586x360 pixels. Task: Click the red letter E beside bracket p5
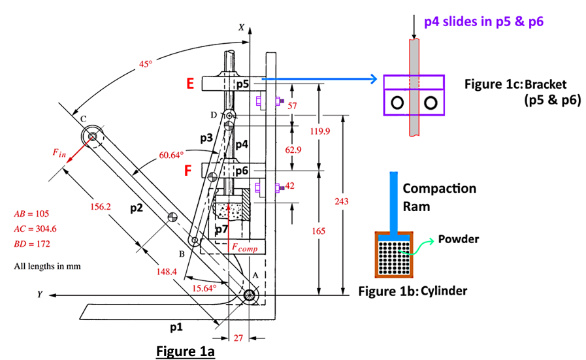click(x=190, y=84)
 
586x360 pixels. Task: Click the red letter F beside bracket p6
click(x=188, y=171)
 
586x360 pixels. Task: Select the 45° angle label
click(x=145, y=64)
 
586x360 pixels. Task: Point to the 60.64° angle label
click(x=172, y=155)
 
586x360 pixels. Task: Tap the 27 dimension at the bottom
click(x=238, y=338)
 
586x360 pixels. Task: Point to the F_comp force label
click(x=244, y=248)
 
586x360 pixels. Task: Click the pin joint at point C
click(x=92, y=137)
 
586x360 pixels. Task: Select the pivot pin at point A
click(x=250, y=295)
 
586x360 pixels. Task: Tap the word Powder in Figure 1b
click(x=458, y=238)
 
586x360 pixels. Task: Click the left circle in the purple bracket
click(x=397, y=103)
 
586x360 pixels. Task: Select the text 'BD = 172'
click(x=32, y=244)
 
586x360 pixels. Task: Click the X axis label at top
click(x=241, y=28)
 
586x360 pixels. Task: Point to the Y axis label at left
click(x=40, y=295)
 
